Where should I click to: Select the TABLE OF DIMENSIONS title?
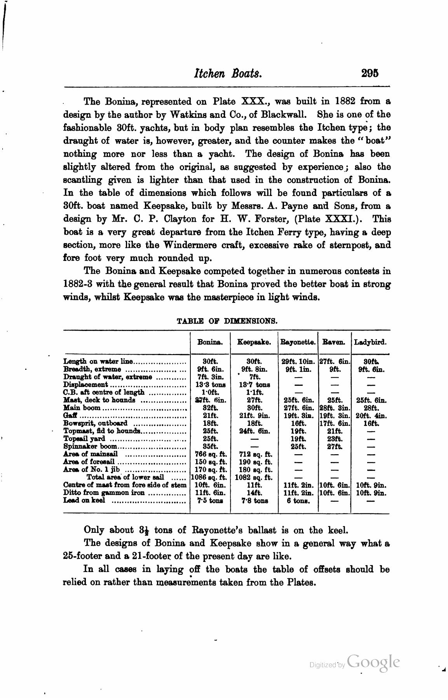pyautogui.click(x=227, y=321)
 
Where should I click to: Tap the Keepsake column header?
pyautogui.click(x=254, y=343)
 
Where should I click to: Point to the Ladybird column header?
pyautogui.click(x=370, y=343)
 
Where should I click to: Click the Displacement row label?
pyautogui.click(x=85, y=385)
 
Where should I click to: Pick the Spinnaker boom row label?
pyautogui.click(x=90, y=446)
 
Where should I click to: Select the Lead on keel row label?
pyautogui.click(x=84, y=500)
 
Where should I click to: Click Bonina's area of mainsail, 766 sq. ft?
pyautogui.click(x=210, y=454)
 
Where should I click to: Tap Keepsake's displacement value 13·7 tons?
pyautogui.click(x=255, y=385)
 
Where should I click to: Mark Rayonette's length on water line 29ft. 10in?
pyautogui.click(x=298, y=361)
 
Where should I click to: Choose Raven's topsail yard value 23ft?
pyautogui.click(x=334, y=439)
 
